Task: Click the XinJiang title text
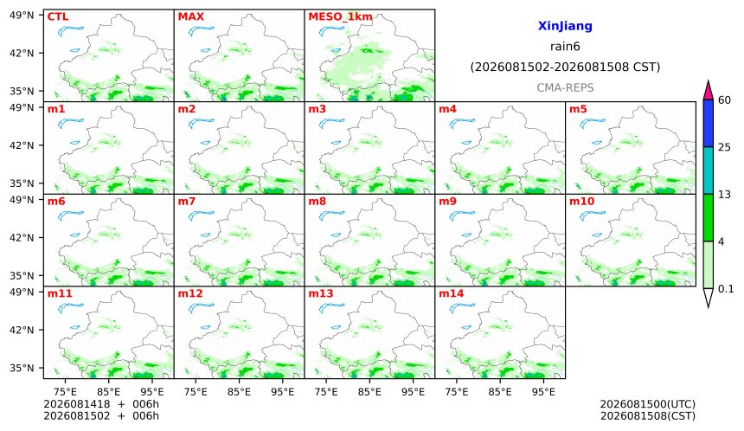(x=565, y=26)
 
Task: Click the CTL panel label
(x=58, y=16)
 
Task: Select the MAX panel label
(x=190, y=16)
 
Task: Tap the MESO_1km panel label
(x=340, y=17)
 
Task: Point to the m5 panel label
(x=578, y=109)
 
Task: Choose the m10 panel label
(x=581, y=201)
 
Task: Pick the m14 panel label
(x=452, y=293)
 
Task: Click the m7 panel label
(x=187, y=201)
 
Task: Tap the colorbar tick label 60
(x=725, y=100)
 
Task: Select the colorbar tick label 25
(x=725, y=147)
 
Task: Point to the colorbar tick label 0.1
(x=726, y=288)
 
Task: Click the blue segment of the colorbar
(x=708, y=124)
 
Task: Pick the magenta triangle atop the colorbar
(x=708, y=91)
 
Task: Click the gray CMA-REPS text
(x=565, y=87)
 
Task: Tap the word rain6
(x=565, y=47)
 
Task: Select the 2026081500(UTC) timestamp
(x=648, y=404)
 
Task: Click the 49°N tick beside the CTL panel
(x=22, y=16)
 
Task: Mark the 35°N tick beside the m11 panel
(x=22, y=368)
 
